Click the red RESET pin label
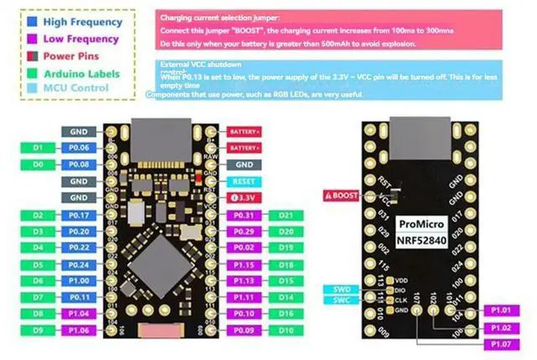pos(244,181)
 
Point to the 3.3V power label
pos(244,198)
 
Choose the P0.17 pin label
pos(80,215)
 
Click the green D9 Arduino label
pos(37,330)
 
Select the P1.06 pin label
pos(80,330)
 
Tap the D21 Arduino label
pos(286,215)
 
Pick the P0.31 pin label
pos(244,215)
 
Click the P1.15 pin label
pos(244,264)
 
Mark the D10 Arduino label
pos(286,330)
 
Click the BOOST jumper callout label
pos(343,195)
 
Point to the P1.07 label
pos(502,344)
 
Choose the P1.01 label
pos(502,311)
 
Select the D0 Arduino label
pos(37,164)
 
